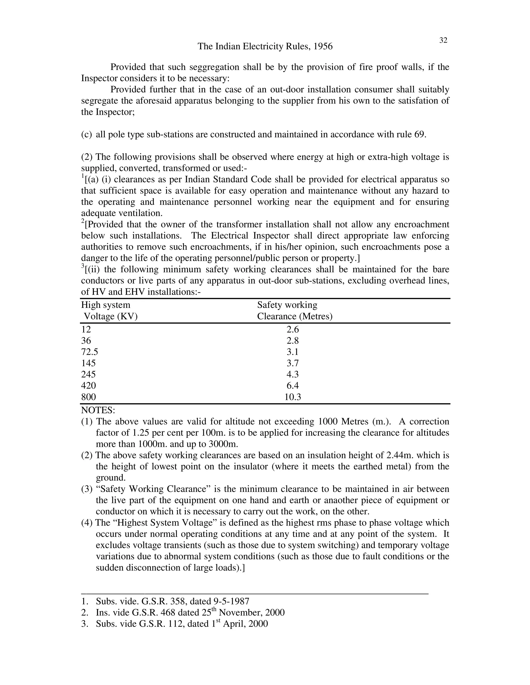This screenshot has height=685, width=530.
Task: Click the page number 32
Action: tap(443, 40)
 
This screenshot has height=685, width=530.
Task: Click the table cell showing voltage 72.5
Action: tap(90, 352)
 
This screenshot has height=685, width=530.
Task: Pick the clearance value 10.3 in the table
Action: tap(292, 397)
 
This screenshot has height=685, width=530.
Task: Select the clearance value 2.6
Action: tap(292, 329)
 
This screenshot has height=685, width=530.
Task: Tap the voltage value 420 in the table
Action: tap(88, 386)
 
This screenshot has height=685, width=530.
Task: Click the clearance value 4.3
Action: tap(292, 375)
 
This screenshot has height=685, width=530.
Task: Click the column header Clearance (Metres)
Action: tap(295, 316)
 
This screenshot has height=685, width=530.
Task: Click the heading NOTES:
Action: tap(98, 410)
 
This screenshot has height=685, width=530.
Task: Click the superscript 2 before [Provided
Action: tap(83, 222)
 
